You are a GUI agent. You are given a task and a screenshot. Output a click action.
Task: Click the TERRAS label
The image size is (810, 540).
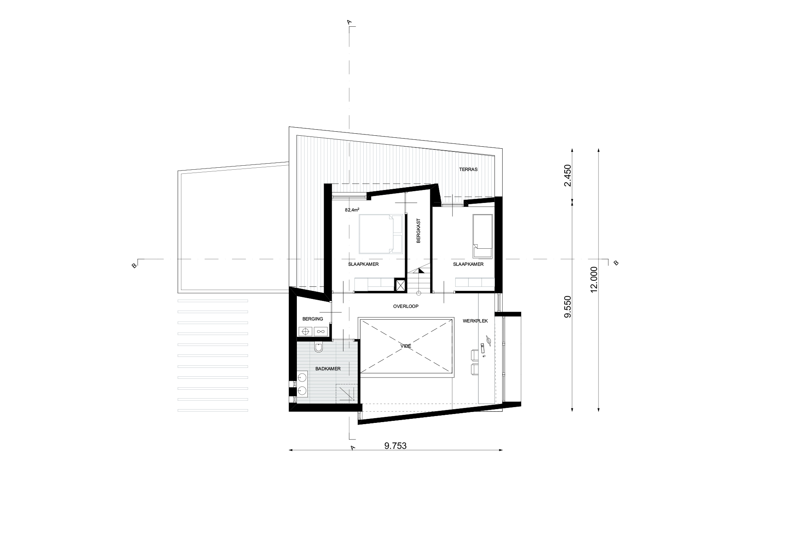point(468,169)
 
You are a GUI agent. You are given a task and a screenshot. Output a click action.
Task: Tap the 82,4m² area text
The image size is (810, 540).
point(352,210)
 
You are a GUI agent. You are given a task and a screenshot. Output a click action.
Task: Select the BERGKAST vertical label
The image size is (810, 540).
point(419,231)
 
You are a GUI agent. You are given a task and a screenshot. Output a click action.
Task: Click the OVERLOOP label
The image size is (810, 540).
point(406,306)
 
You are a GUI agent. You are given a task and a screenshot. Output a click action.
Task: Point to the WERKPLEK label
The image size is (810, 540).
point(475,321)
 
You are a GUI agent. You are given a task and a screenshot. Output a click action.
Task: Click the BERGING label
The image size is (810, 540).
point(313,319)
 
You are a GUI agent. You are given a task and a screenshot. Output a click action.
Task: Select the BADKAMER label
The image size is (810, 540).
point(328,369)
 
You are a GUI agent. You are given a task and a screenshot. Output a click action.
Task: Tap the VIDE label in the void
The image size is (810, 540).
point(406,346)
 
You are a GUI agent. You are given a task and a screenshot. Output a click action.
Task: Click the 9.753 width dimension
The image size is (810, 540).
point(395,446)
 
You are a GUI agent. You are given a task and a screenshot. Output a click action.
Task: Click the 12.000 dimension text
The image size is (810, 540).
point(594,280)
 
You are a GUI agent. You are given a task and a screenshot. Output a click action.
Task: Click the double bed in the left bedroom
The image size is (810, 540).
point(381,234)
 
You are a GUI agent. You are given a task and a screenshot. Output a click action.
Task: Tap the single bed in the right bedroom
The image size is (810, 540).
point(483,235)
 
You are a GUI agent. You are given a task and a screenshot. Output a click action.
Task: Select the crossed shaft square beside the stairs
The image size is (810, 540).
point(401,286)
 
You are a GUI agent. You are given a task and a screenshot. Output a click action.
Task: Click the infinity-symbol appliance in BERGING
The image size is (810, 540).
point(321,331)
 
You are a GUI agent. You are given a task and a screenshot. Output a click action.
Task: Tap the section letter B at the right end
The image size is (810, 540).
point(616,263)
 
